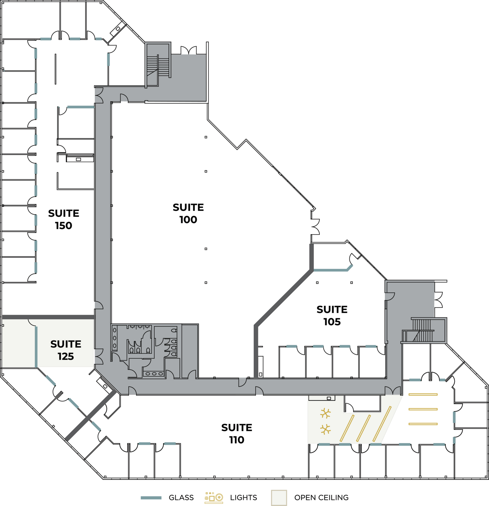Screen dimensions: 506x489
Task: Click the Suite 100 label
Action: tap(188, 214)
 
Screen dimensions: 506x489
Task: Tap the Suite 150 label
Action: tap(64, 219)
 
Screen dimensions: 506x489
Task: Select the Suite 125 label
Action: tap(66, 350)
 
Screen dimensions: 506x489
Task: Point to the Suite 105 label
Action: tap(332, 316)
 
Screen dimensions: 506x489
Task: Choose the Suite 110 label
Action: tap(237, 434)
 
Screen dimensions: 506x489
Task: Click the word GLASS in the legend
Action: tap(181, 498)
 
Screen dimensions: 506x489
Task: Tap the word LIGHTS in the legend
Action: tap(243, 498)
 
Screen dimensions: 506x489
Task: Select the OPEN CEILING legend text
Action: tap(321, 498)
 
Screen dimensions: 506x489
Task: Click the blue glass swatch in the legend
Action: tap(151, 498)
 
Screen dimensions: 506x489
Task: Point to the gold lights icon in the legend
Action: tap(214, 498)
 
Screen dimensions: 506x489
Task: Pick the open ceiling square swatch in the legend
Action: tap(279, 498)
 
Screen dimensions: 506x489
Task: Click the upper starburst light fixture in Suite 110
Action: tap(325, 413)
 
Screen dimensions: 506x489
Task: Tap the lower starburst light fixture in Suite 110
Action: tap(325, 429)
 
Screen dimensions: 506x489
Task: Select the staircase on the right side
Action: tap(422, 330)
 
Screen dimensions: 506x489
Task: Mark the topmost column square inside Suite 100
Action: tap(206, 137)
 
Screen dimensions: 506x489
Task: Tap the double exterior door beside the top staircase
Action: tap(189, 50)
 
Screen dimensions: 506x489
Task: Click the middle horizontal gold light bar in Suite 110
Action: tap(423, 409)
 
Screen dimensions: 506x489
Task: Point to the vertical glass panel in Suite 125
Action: tap(36, 347)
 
